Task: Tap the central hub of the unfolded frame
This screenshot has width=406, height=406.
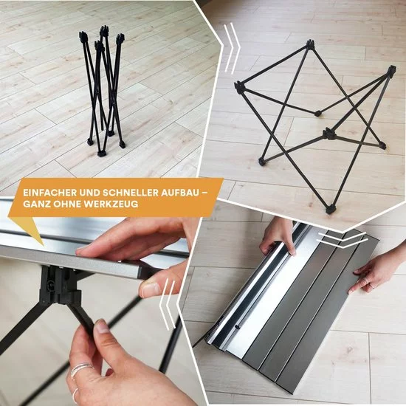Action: (329, 134)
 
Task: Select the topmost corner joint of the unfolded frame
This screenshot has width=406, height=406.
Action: (310, 44)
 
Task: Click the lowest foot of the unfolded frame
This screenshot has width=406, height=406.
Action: (330, 209)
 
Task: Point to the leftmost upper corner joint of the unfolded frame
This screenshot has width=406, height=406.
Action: (239, 87)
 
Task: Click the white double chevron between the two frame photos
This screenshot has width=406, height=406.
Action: (233, 48)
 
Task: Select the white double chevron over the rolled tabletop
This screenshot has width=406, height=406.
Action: (343, 239)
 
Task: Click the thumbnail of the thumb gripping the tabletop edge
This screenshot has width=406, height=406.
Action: (149, 288)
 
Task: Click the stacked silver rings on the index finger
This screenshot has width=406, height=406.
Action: (80, 370)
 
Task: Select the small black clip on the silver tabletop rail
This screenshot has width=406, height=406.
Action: (237, 327)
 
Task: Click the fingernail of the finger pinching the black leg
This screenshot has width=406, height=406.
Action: (103, 327)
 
